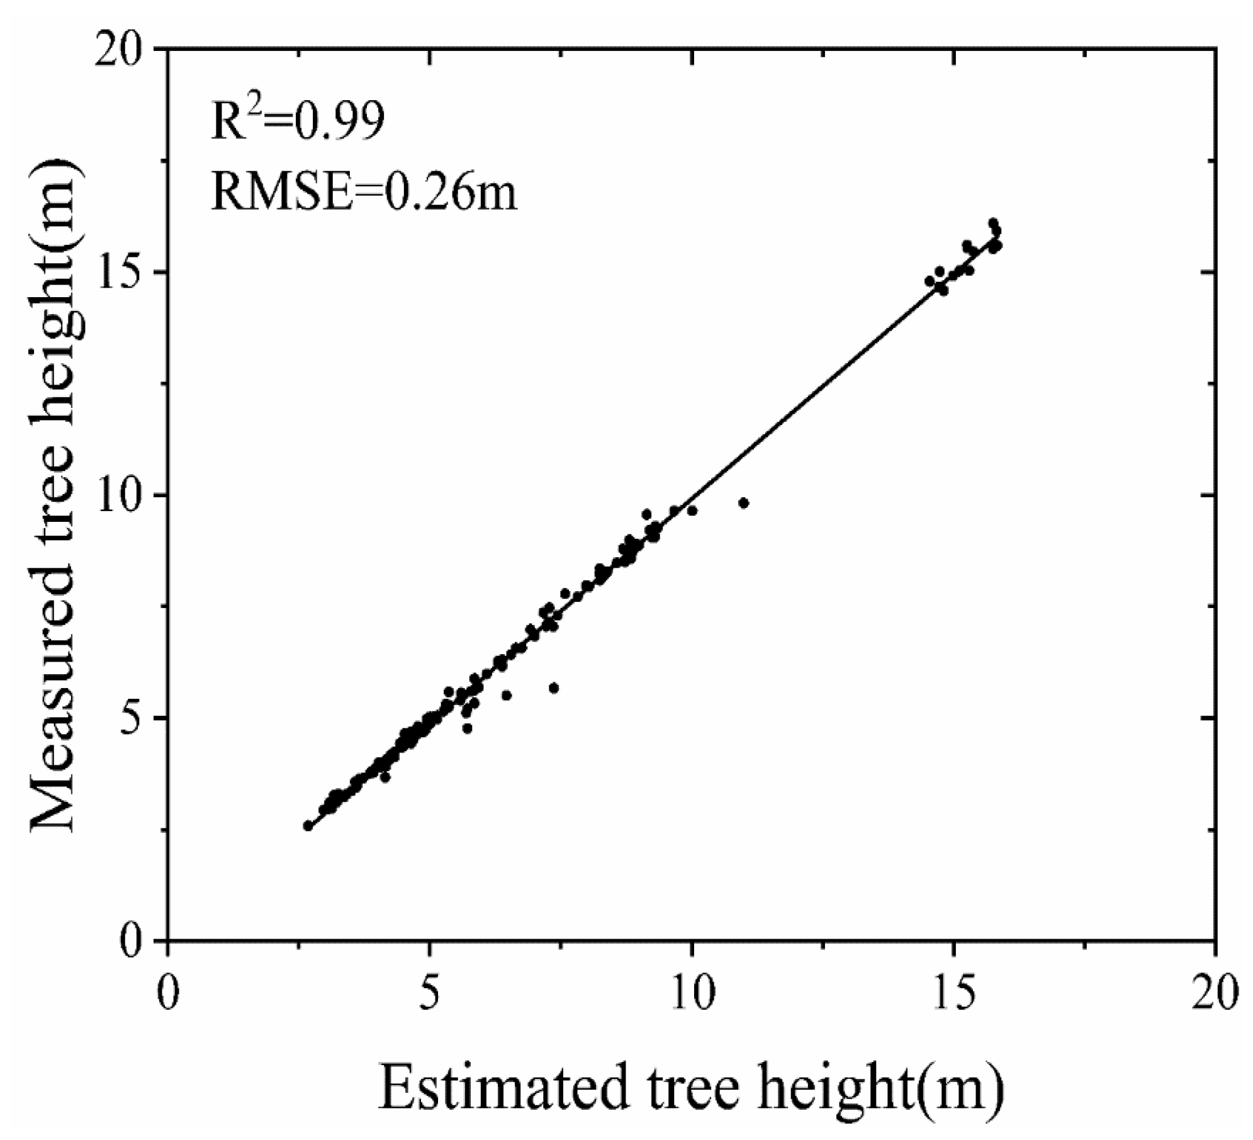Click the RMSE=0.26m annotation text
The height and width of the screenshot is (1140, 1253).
point(364,191)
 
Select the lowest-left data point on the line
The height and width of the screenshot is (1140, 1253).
point(308,826)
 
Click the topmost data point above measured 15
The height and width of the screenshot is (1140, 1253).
point(993,223)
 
